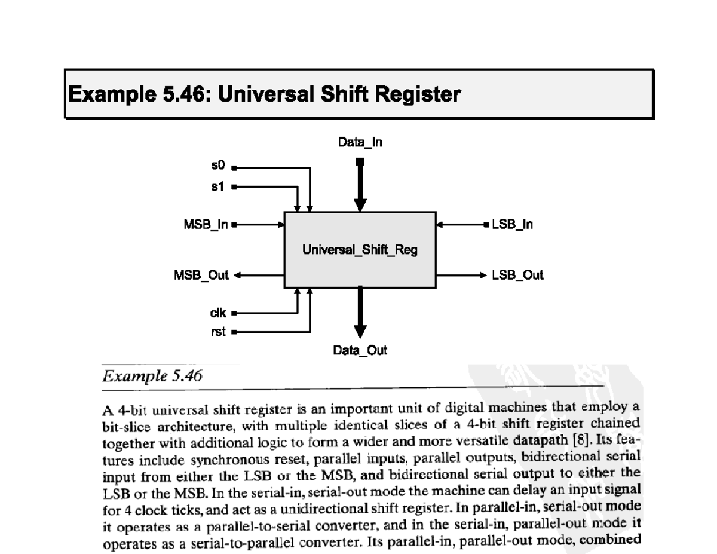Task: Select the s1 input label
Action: [x=219, y=186]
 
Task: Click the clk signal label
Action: [x=217, y=312]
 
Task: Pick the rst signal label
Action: [x=219, y=331]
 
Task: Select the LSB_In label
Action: [x=512, y=225]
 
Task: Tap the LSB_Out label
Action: [x=517, y=275]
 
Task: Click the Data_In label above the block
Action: [x=360, y=143]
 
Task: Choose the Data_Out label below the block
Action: [x=360, y=350]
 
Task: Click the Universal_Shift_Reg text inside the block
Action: [x=360, y=250]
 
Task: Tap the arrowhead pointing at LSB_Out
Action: [x=483, y=276]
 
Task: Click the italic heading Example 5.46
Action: [x=153, y=377]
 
